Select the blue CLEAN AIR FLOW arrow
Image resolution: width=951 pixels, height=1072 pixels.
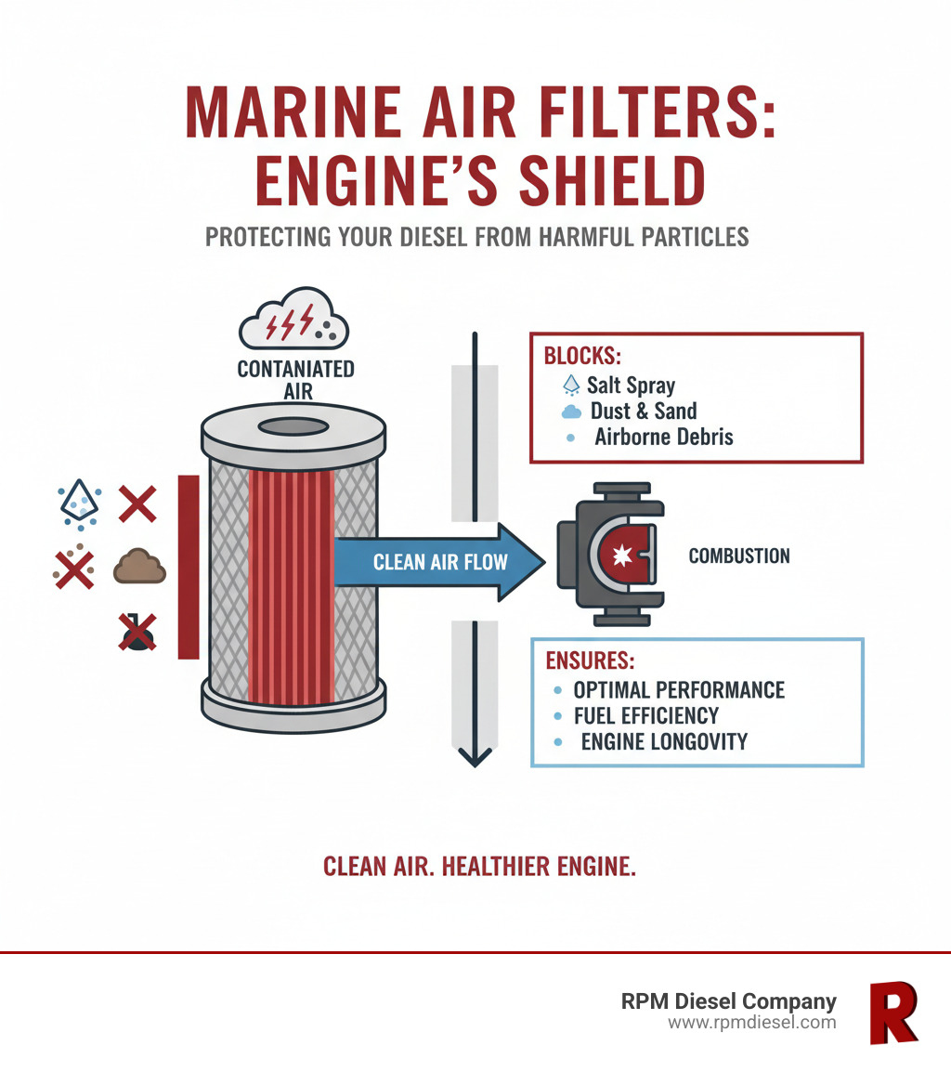tap(437, 561)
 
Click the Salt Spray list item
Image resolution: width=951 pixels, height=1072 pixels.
tap(631, 385)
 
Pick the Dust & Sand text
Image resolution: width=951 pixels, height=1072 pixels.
tap(643, 411)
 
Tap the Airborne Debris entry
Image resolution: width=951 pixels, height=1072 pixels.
tap(663, 437)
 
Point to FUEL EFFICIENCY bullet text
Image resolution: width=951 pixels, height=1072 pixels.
tap(645, 715)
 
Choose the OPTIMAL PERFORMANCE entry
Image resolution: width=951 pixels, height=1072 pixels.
tap(678, 690)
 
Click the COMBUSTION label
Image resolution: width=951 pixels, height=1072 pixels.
tap(739, 556)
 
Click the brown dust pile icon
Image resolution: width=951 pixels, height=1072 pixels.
tap(139, 567)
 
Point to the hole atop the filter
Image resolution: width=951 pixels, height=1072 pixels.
tap(293, 426)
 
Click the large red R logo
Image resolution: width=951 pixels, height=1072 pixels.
tap(892, 1012)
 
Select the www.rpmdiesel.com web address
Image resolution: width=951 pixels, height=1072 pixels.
tap(751, 1023)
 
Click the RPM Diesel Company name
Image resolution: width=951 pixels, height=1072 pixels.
tap(728, 1001)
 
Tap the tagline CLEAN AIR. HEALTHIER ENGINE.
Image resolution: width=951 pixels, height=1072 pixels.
tap(479, 867)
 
